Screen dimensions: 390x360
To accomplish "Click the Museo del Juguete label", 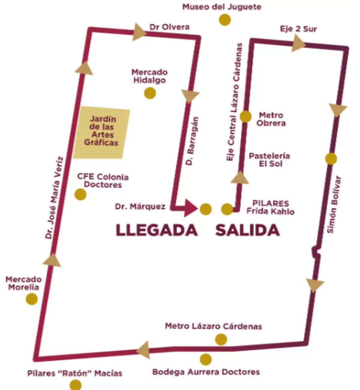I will click(222, 7).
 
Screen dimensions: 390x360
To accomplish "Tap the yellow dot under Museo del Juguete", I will click(224, 20).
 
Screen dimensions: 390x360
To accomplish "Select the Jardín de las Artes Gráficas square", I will click(101, 132).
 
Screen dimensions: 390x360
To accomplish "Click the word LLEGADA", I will click(157, 230).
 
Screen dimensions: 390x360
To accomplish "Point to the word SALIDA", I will click(247, 230).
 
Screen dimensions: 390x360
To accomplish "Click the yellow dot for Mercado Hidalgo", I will click(150, 93).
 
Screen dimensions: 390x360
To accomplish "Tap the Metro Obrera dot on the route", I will click(245, 116).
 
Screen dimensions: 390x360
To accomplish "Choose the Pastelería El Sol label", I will click(269, 160).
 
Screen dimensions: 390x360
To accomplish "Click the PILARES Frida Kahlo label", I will click(270, 207).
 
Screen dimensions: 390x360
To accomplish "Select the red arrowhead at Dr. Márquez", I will click(190, 207).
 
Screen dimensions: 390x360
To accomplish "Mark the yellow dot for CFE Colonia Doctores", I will click(80, 194).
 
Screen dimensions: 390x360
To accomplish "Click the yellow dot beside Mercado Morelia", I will click(31, 299).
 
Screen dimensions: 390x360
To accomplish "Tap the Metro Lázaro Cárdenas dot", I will click(221, 340).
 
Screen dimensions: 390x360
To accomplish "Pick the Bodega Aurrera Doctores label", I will click(206, 372).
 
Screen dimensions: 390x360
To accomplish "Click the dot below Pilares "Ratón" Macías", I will click(75, 385).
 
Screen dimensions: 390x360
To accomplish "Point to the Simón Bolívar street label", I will click(334, 204).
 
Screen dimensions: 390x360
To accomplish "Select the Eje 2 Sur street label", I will click(298, 29).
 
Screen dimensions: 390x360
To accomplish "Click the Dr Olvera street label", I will click(169, 27).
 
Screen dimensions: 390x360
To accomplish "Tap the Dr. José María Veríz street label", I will click(54, 198).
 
